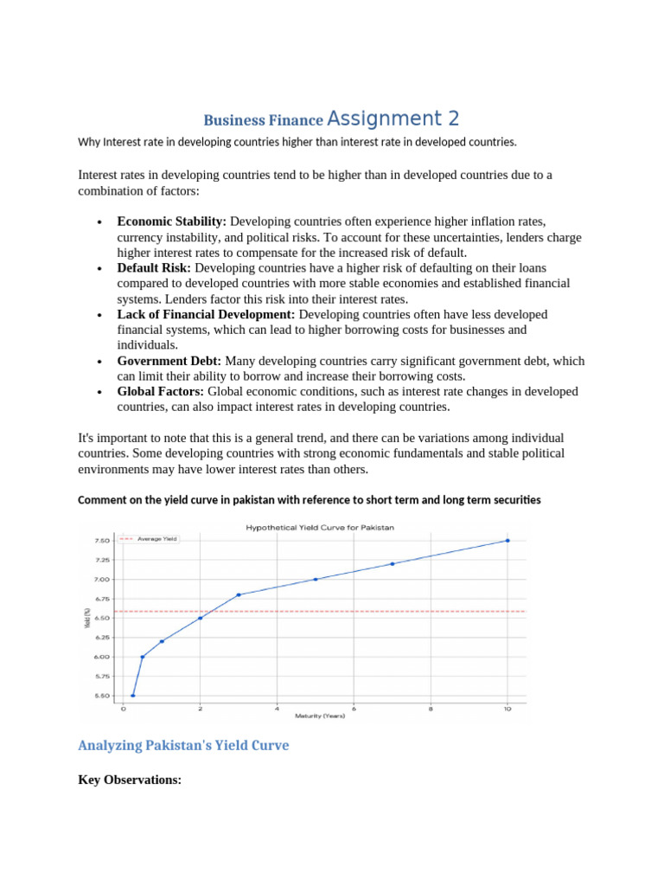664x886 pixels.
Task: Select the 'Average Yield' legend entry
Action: click(x=156, y=538)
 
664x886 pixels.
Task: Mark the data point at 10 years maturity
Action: click(x=508, y=541)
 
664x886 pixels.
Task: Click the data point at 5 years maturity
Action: click(x=316, y=579)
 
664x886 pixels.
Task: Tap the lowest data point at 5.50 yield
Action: click(x=132, y=696)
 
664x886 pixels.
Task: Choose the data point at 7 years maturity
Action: click(x=393, y=564)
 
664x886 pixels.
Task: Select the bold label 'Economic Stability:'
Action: click(x=171, y=221)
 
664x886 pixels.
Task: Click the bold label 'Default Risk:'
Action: click(x=155, y=268)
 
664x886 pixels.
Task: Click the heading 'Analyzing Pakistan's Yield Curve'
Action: click(x=183, y=745)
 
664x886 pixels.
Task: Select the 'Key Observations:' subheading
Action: click(x=130, y=780)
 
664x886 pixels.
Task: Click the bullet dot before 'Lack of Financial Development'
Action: click(x=101, y=315)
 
